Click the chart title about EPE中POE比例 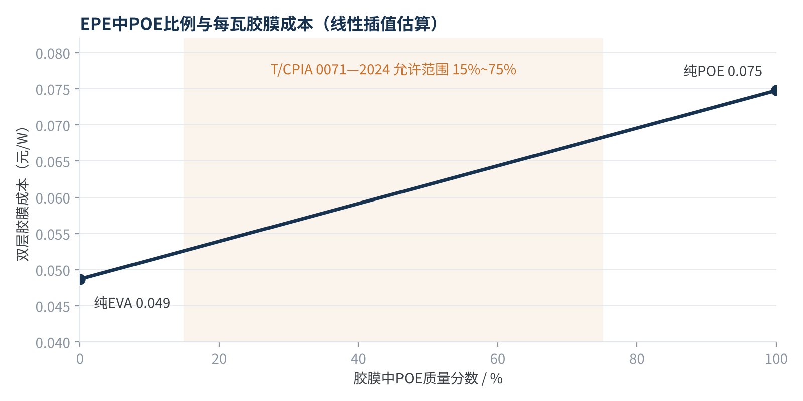tap(259, 24)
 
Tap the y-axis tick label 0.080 tap(53, 54)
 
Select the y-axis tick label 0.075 tap(53, 90)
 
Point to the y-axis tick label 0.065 tap(53, 162)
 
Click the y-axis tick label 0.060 tap(53, 198)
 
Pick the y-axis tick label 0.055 tap(53, 235)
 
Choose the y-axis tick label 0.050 tap(53, 271)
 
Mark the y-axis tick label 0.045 tap(53, 307)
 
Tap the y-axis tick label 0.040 tap(53, 343)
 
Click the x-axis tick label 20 tap(219, 359)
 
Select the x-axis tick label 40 tap(358, 359)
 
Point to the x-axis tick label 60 tap(497, 359)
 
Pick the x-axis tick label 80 tap(637, 359)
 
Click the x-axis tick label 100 tap(776, 359)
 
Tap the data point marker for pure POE tap(776, 91)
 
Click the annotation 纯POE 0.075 tap(722, 71)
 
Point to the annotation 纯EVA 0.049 tap(132, 303)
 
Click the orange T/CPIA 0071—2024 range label tap(393, 70)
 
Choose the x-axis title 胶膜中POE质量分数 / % tap(428, 378)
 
